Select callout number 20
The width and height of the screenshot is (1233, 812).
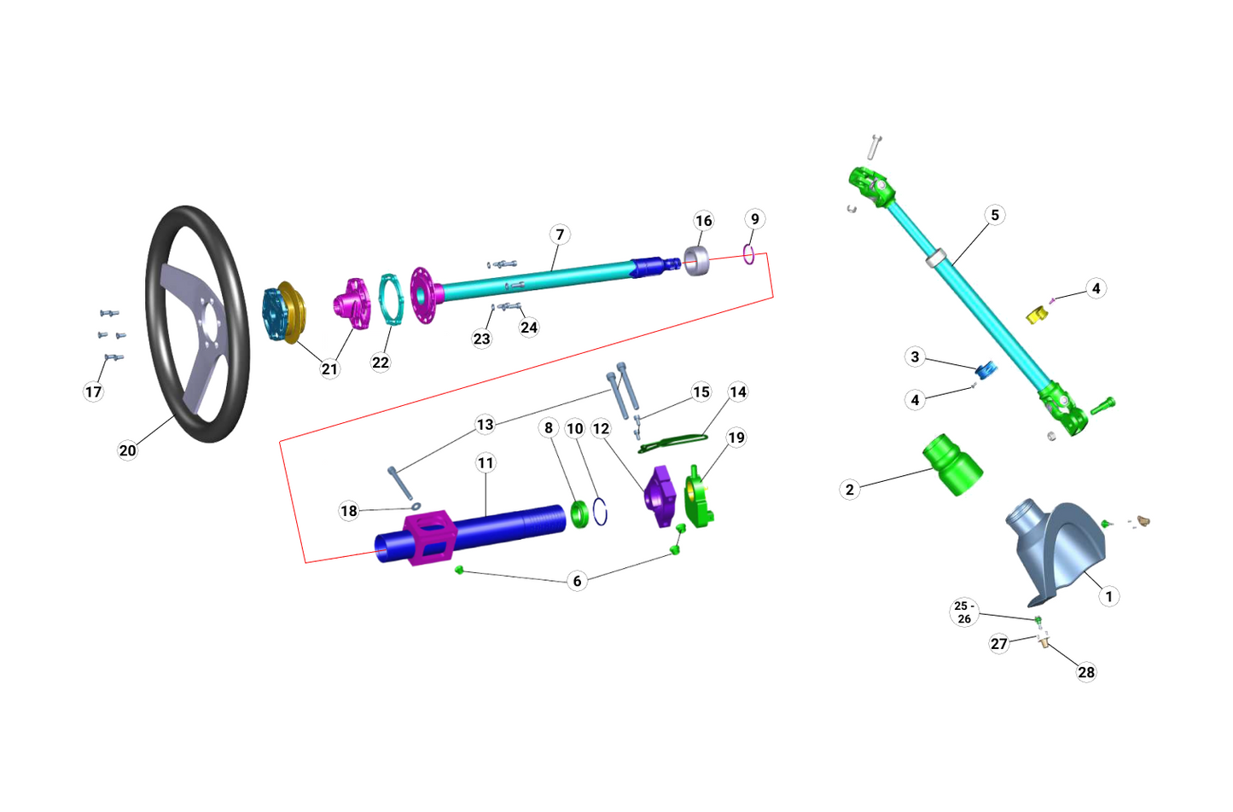(x=127, y=450)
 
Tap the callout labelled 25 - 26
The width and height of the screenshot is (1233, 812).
(x=964, y=612)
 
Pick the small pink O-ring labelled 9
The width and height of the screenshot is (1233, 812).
(x=749, y=254)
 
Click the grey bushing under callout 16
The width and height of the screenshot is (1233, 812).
(x=697, y=260)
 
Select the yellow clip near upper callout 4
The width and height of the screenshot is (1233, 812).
(x=1035, y=315)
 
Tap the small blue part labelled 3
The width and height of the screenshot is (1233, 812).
(x=986, y=369)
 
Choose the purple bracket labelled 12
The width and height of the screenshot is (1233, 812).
(x=659, y=496)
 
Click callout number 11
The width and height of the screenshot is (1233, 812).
(x=486, y=463)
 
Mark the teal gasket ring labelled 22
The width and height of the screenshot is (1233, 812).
(x=390, y=299)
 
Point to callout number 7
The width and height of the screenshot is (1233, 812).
(x=560, y=235)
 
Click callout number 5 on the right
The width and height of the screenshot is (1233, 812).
(x=995, y=215)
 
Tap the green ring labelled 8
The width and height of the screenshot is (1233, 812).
(x=580, y=514)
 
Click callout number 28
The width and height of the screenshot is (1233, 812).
(x=1086, y=672)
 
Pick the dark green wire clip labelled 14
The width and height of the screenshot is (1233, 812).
(x=673, y=442)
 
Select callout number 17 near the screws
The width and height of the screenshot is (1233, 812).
(x=93, y=392)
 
